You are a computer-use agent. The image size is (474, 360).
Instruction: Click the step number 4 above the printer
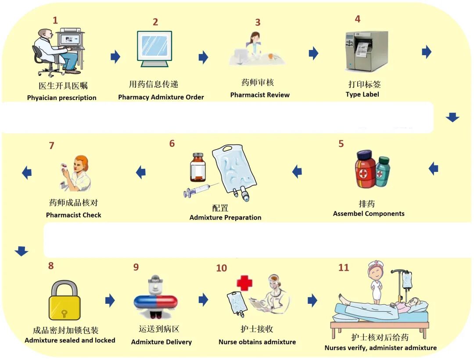[358, 19]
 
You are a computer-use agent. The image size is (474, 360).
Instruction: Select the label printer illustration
[366, 51]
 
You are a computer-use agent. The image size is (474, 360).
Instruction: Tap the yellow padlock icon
[65, 300]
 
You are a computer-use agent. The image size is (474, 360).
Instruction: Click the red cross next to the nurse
[244, 283]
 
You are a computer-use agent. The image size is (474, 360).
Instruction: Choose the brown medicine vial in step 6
[198, 167]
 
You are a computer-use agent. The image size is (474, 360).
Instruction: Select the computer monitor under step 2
[154, 48]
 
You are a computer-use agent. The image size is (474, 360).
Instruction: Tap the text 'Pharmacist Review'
[260, 95]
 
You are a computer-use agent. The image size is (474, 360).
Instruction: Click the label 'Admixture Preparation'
[225, 217]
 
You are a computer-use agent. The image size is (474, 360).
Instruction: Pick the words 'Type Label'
[362, 94]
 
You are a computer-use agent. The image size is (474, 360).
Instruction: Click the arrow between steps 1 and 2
[115, 56]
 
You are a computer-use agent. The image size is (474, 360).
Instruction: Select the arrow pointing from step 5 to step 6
[297, 171]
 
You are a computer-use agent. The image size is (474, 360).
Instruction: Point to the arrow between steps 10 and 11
[312, 300]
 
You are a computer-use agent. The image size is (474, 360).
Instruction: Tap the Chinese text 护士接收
[257, 329]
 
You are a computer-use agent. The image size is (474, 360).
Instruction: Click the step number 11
[344, 267]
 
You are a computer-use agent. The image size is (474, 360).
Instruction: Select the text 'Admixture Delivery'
[162, 342]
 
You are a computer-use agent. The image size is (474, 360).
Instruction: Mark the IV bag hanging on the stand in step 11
[407, 280]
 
